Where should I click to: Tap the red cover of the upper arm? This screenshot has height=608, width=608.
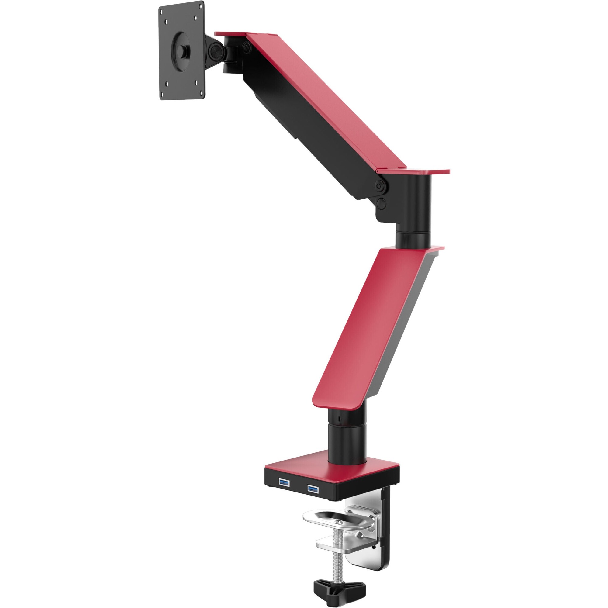327,101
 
